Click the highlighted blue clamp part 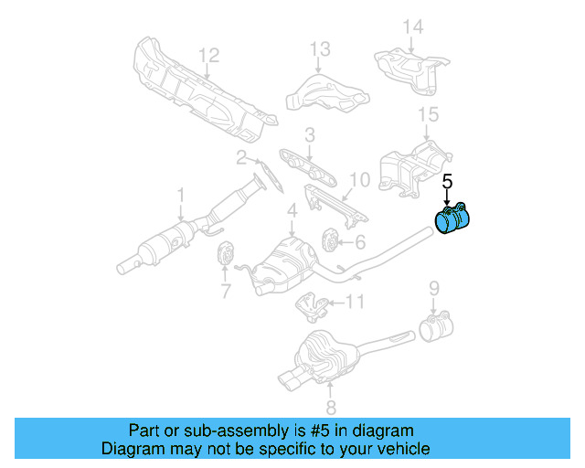click(x=452, y=222)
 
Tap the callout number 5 click(x=447, y=182)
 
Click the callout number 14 click(x=413, y=27)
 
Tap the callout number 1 click(x=180, y=195)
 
